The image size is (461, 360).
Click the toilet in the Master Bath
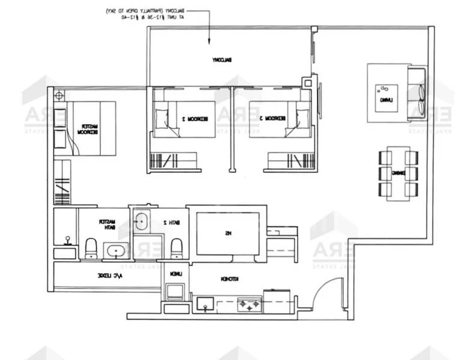(x=91, y=248)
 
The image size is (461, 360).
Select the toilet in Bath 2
(x=176, y=248)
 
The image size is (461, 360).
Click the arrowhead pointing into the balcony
(x=208, y=41)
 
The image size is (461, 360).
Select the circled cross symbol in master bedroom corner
(x=59, y=95)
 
